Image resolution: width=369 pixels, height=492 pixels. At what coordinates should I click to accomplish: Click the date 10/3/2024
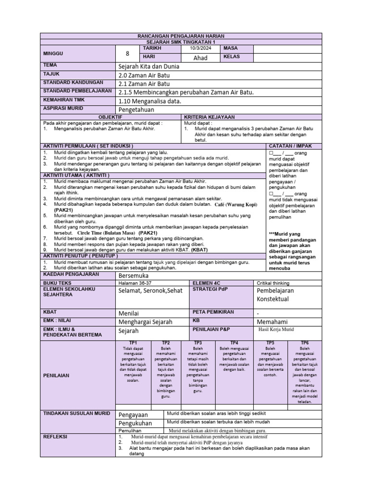[x=200, y=49]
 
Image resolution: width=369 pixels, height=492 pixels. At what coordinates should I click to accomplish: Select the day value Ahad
[x=200, y=58]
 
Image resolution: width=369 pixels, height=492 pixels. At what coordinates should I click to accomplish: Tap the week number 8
[x=127, y=53]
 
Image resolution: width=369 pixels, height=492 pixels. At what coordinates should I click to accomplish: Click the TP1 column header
[x=133, y=343]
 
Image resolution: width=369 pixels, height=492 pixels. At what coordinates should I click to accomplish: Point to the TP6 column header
[x=305, y=343]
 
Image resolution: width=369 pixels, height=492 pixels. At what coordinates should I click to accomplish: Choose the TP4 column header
[x=234, y=343]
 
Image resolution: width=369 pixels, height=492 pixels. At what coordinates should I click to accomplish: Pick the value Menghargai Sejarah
[x=146, y=321]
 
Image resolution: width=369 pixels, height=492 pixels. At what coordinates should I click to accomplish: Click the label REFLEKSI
[x=56, y=437]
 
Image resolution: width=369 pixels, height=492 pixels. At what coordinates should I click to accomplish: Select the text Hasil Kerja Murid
[x=276, y=329]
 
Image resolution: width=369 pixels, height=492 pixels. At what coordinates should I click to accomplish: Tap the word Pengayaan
[x=134, y=414]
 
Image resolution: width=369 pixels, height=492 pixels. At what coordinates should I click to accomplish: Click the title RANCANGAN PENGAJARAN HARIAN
[x=181, y=37]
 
